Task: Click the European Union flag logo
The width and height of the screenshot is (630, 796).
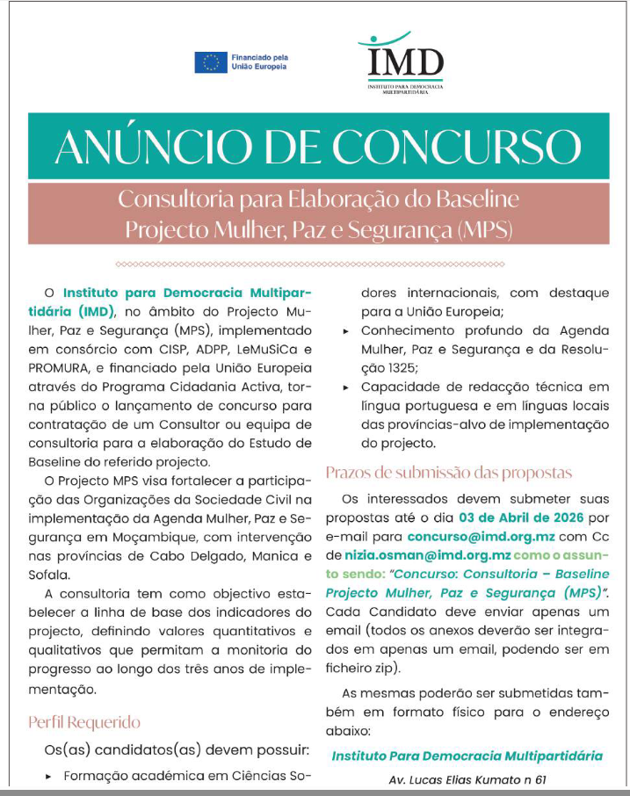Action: pyautogui.click(x=210, y=62)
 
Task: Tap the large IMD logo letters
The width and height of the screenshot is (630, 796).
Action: pyautogui.click(x=405, y=63)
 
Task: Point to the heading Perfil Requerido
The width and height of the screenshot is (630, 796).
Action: pyautogui.click(x=84, y=722)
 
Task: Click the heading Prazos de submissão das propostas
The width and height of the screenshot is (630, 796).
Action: pyautogui.click(x=448, y=473)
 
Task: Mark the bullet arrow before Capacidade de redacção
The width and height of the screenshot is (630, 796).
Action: pyautogui.click(x=345, y=387)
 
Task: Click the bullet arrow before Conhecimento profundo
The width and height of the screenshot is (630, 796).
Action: pyautogui.click(x=345, y=331)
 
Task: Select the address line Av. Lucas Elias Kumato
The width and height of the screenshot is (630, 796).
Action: pyautogui.click(x=467, y=779)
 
